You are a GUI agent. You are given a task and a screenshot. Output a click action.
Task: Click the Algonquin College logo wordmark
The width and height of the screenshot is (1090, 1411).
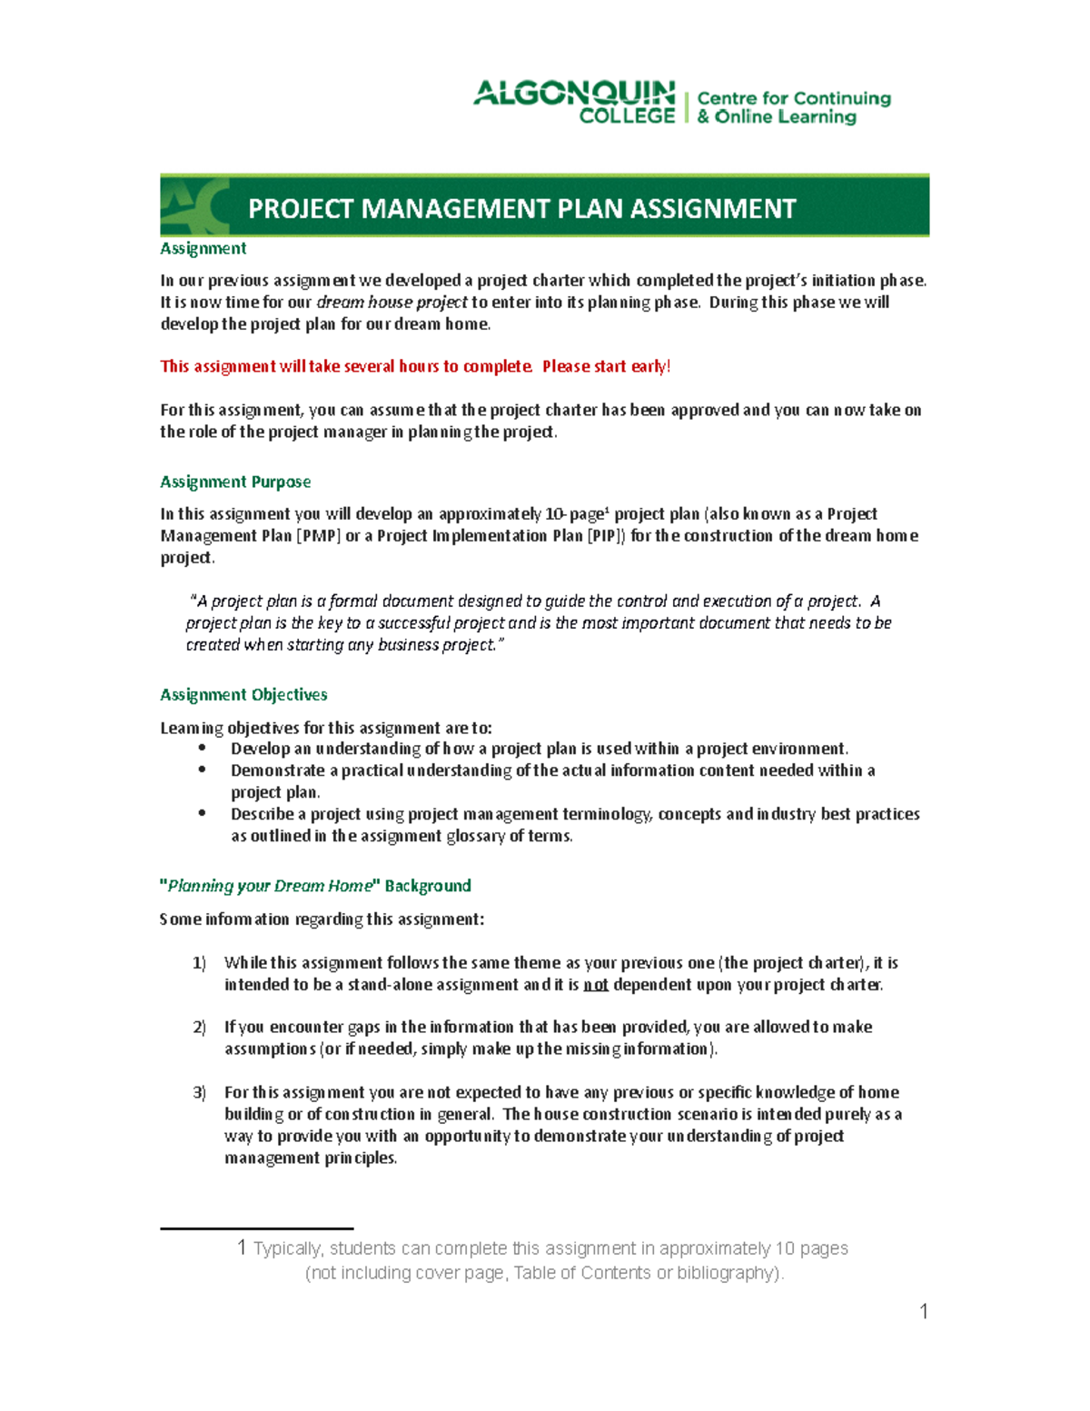574,102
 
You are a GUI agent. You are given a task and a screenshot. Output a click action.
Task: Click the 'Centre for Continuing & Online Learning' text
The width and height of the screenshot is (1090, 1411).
793,107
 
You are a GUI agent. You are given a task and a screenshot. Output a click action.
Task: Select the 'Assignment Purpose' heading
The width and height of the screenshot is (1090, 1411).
235,482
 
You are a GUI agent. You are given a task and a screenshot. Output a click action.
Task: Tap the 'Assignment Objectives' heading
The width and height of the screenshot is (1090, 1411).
243,694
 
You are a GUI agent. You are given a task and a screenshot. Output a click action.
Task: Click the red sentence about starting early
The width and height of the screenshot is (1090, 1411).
415,366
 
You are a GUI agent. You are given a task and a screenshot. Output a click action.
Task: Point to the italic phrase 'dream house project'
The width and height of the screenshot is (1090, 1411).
391,303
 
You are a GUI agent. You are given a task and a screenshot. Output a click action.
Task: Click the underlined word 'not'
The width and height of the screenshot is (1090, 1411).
595,985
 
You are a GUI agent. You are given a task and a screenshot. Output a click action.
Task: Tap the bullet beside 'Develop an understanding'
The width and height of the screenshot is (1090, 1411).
203,748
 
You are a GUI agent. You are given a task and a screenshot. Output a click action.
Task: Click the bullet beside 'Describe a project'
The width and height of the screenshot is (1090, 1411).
203,813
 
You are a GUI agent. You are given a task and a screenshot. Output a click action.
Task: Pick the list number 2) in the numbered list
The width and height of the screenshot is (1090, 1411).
199,1027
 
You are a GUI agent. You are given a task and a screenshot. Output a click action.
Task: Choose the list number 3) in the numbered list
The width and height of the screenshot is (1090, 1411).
199,1092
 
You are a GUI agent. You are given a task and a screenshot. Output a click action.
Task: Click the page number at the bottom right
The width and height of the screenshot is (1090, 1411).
923,1311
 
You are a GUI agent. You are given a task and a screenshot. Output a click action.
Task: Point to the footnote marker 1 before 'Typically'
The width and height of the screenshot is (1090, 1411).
242,1247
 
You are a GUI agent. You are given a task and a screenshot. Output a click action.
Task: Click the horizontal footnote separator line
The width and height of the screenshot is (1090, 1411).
256,1228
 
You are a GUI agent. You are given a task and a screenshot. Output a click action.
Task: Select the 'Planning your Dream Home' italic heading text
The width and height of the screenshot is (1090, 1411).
270,886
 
